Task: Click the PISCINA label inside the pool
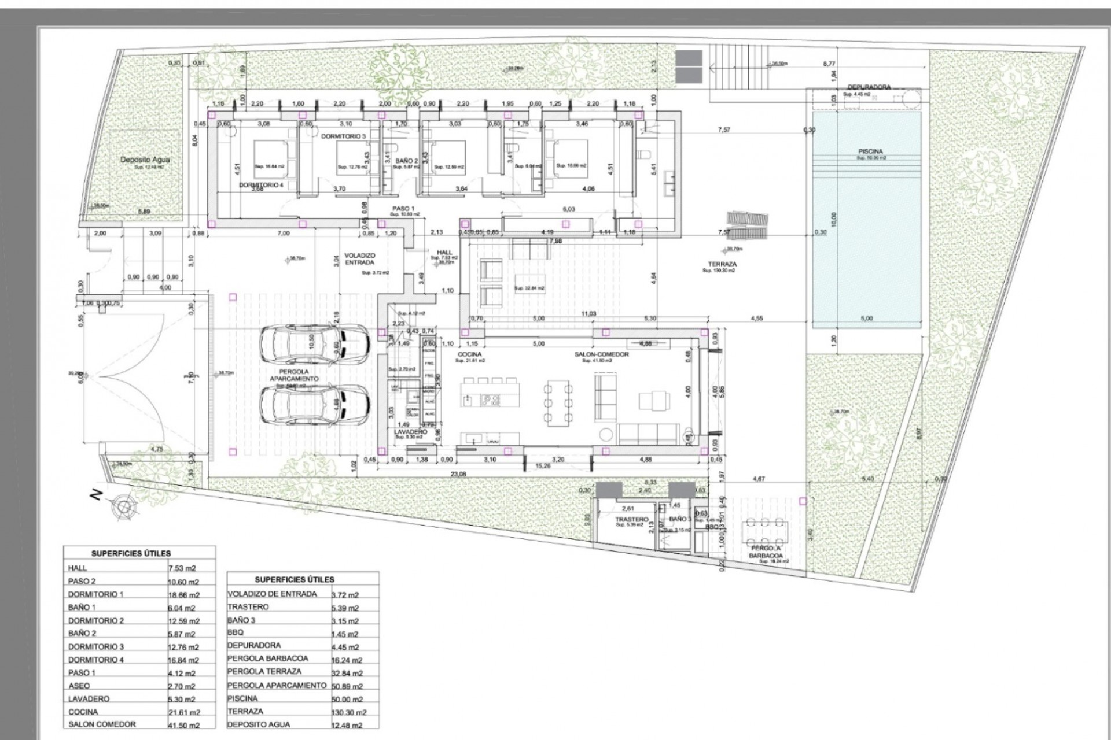(x=870, y=151)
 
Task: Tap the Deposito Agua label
(x=145, y=160)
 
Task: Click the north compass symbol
(x=123, y=507)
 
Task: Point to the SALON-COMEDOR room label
(x=602, y=354)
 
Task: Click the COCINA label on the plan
(x=469, y=354)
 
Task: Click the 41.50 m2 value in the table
(x=183, y=725)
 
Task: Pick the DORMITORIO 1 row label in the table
(x=95, y=594)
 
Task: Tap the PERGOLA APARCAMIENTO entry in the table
(x=277, y=685)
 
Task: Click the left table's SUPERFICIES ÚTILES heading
(x=131, y=553)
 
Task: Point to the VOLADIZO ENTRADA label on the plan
(x=360, y=258)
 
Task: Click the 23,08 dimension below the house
(x=457, y=474)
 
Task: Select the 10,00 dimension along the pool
(x=834, y=219)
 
